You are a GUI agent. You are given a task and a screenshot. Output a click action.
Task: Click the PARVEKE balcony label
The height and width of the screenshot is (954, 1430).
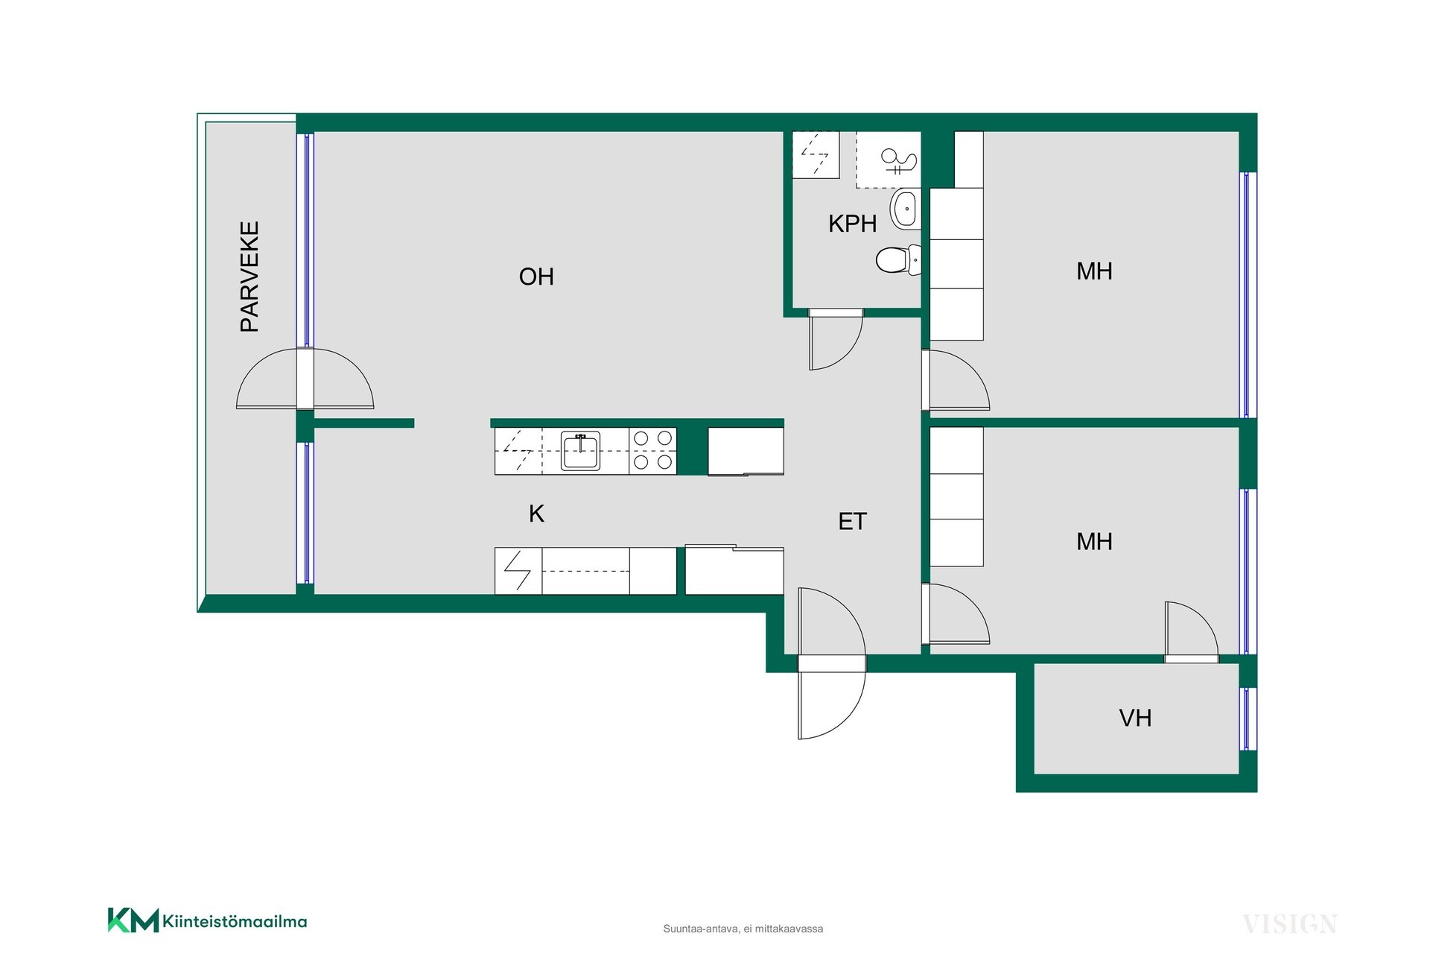pos(250,277)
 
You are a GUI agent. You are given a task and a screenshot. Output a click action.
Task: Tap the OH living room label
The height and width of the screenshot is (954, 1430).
pos(536,277)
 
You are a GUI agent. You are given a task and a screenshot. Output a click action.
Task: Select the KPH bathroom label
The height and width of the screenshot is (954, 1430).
pos(852,224)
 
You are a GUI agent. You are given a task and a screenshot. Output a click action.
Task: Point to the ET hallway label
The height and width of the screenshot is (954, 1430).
pos(852,522)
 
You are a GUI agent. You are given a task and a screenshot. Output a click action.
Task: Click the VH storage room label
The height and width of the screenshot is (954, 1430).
pos(1135,718)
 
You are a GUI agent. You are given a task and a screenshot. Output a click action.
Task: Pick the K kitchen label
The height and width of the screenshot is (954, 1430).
pos(536,514)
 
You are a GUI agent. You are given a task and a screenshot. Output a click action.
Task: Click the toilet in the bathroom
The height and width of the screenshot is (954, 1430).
pos(898,260)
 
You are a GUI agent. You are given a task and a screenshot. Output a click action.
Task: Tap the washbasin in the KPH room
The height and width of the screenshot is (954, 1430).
pos(906,209)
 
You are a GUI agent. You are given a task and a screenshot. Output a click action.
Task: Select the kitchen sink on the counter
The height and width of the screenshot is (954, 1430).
pos(581,451)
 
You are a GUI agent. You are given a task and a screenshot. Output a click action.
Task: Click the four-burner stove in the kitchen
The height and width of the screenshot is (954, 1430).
pos(653,451)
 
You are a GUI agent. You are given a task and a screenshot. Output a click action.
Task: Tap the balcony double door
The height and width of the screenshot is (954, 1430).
pos(305,379)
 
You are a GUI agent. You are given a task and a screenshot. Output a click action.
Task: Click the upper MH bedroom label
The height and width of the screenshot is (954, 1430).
pos(1094,271)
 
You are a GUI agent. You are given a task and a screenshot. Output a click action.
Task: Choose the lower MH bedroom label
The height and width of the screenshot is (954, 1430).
pos(1094,542)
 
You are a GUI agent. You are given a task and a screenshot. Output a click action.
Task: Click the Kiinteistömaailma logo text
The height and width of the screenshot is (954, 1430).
pos(234,922)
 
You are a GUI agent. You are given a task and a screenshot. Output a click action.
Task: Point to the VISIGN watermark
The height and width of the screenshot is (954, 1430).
pos(1290,924)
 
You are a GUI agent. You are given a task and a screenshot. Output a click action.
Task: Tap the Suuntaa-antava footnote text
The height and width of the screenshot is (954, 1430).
pos(743,929)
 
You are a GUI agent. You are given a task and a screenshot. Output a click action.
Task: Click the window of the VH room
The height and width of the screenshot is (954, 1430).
pos(1248,718)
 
